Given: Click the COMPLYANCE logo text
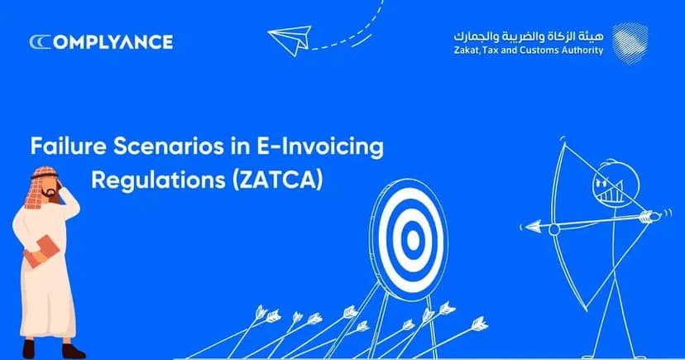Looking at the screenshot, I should pos(101,41).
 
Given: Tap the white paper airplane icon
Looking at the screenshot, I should pos(289,39).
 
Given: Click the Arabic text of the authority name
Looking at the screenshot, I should pos(528,36).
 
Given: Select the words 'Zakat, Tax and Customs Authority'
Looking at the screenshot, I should pos(528,50).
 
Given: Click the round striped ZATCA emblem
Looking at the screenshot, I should pos(630,41).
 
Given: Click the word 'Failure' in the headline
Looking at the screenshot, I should pos(65,148).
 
